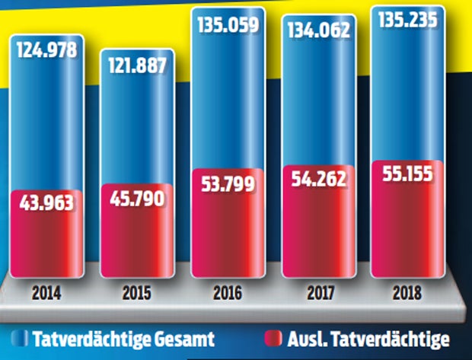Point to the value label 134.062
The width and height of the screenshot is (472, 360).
(319, 30)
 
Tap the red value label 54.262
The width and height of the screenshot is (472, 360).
(319, 180)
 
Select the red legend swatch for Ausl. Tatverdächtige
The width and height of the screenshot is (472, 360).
(275, 336)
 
